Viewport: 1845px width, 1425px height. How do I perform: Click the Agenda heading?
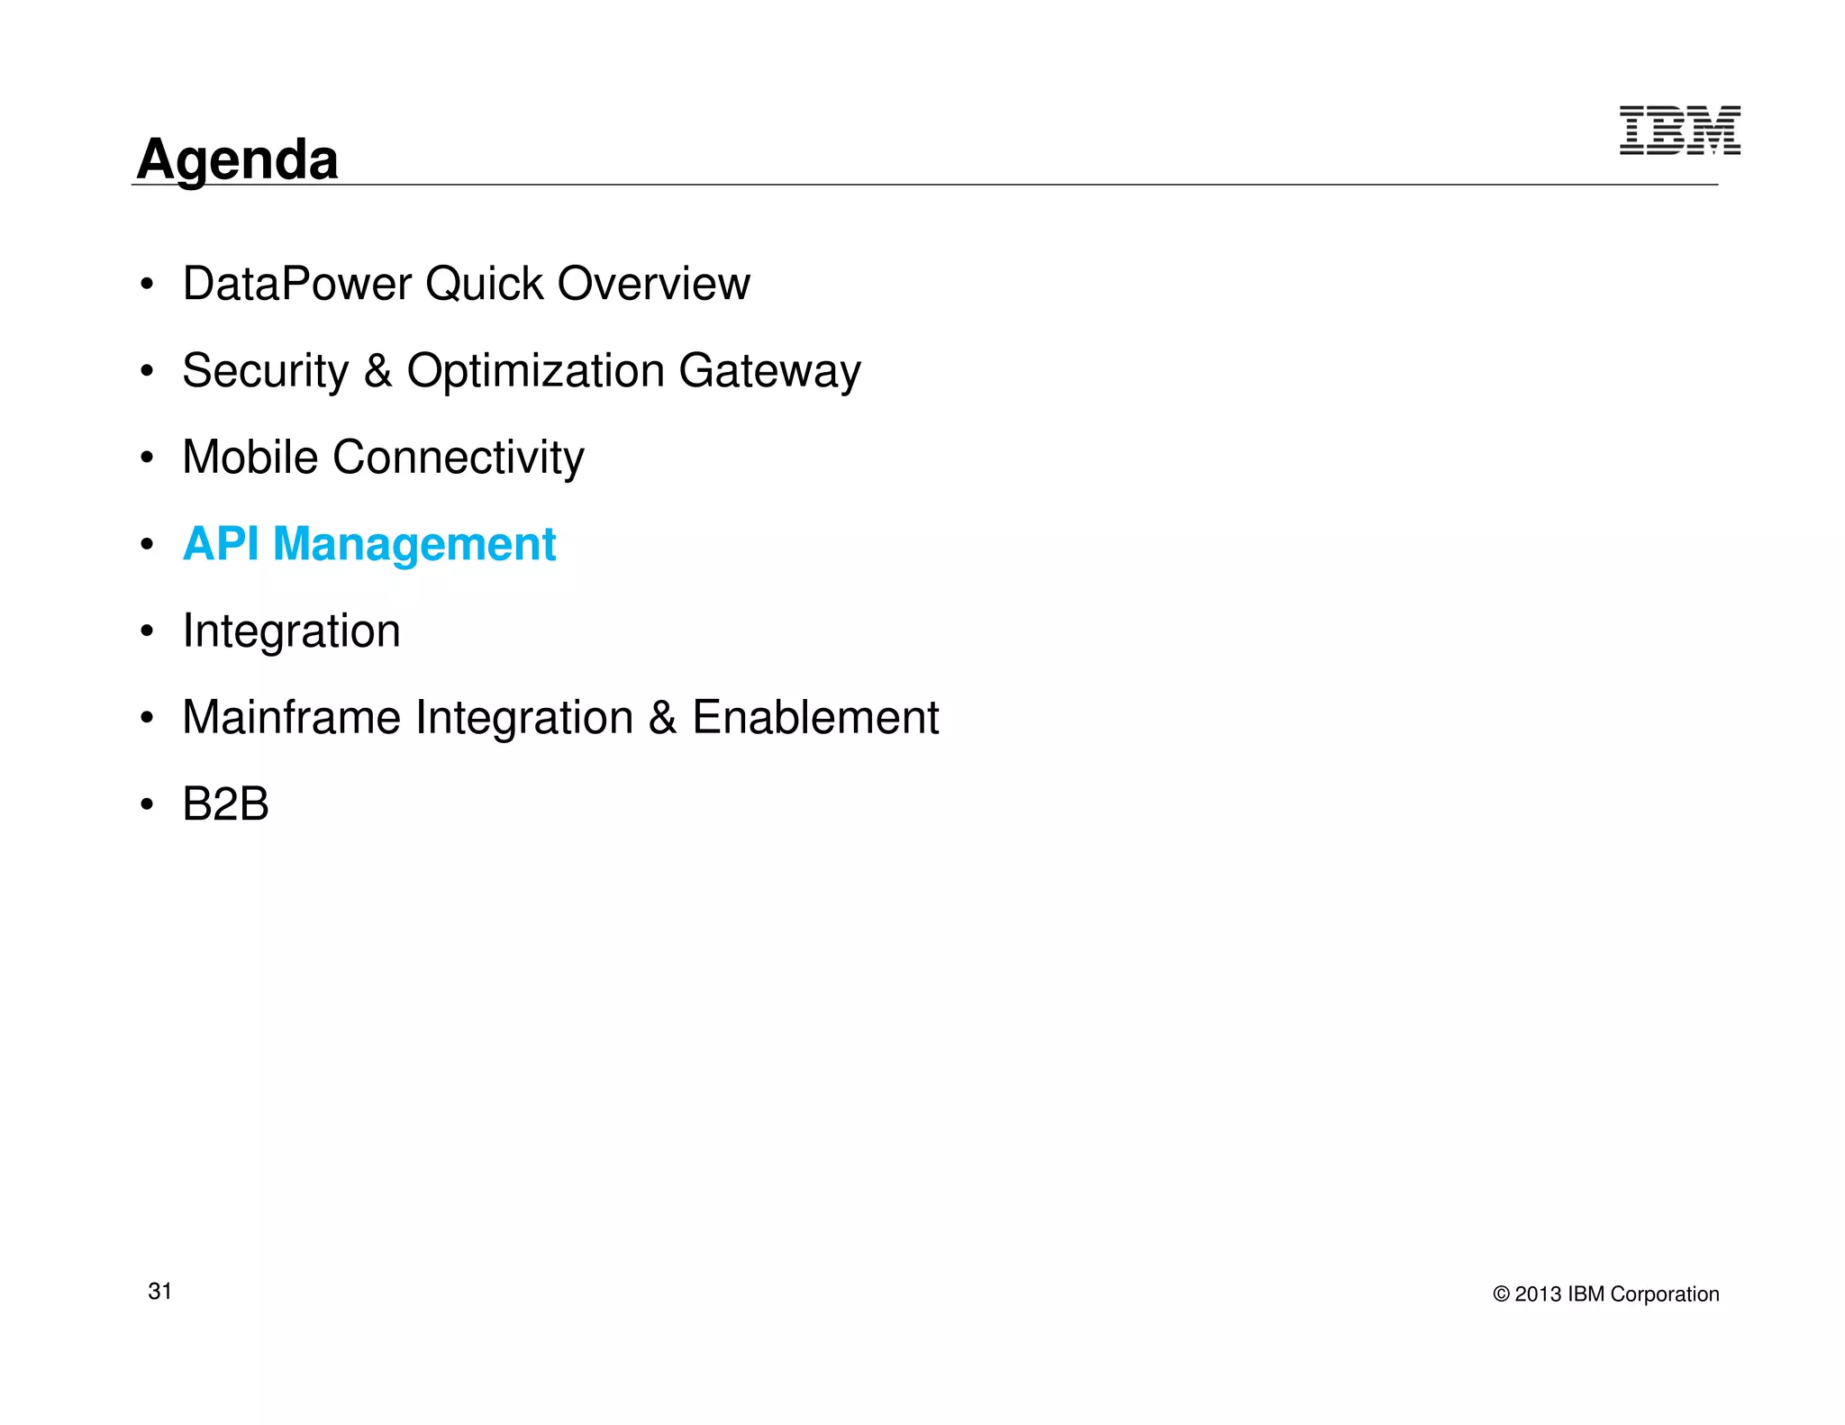click(x=237, y=159)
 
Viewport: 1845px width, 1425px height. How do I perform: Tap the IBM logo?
click(x=1679, y=131)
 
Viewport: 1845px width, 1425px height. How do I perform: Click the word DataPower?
click(x=296, y=284)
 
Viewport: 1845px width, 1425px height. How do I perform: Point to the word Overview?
click(x=653, y=284)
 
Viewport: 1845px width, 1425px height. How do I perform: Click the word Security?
click(x=265, y=370)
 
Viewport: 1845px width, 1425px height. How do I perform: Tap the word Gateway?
click(x=769, y=370)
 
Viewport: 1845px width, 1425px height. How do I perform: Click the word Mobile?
click(x=250, y=457)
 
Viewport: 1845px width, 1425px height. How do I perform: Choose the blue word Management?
click(x=414, y=544)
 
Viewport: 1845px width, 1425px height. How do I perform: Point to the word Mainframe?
click(x=291, y=717)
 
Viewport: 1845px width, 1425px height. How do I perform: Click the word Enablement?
click(x=814, y=717)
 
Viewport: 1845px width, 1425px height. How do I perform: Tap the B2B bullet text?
click(x=225, y=803)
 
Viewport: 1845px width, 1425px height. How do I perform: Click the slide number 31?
click(x=159, y=1291)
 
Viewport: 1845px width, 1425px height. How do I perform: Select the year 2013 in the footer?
click(x=1538, y=1294)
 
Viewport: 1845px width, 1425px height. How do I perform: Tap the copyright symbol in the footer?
click(x=1501, y=1294)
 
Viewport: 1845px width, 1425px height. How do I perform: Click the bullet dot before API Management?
click(x=147, y=544)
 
